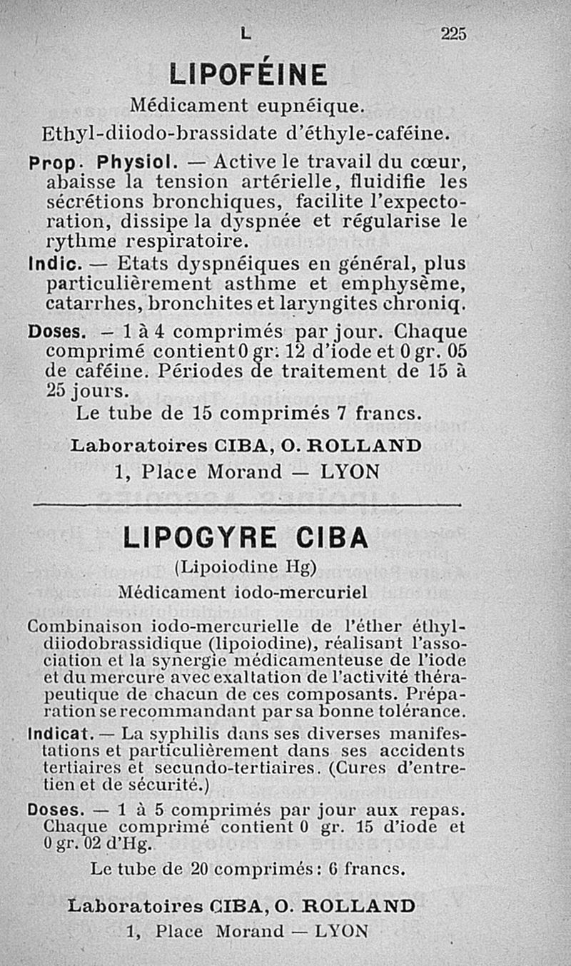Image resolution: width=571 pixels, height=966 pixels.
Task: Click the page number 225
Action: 453,33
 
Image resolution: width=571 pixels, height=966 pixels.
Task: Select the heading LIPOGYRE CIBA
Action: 246,539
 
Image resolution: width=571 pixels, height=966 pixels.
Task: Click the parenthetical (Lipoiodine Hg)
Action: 246,568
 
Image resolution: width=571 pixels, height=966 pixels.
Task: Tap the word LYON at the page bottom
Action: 341,930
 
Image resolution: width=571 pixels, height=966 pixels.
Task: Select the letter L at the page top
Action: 246,34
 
